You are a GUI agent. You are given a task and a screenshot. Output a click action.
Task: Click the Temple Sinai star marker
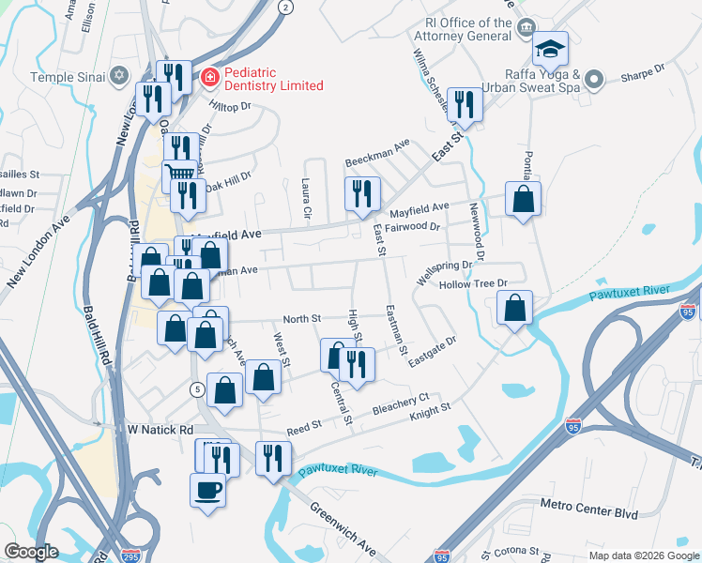click(118, 76)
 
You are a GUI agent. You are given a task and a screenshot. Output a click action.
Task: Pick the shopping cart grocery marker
click(179, 174)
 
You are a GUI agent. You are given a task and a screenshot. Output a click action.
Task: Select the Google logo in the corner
click(31, 551)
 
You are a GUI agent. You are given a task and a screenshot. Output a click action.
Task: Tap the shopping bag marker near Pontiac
click(523, 199)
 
